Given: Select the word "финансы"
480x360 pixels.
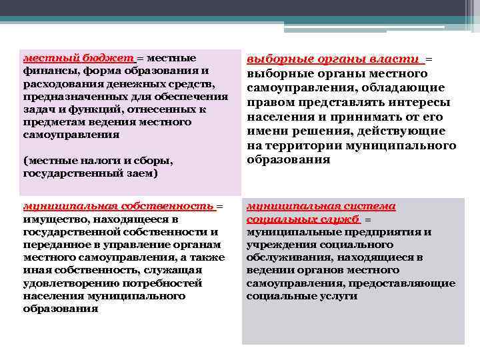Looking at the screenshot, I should click(x=46, y=71).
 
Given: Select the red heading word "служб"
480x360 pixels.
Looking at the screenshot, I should click(x=340, y=219).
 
